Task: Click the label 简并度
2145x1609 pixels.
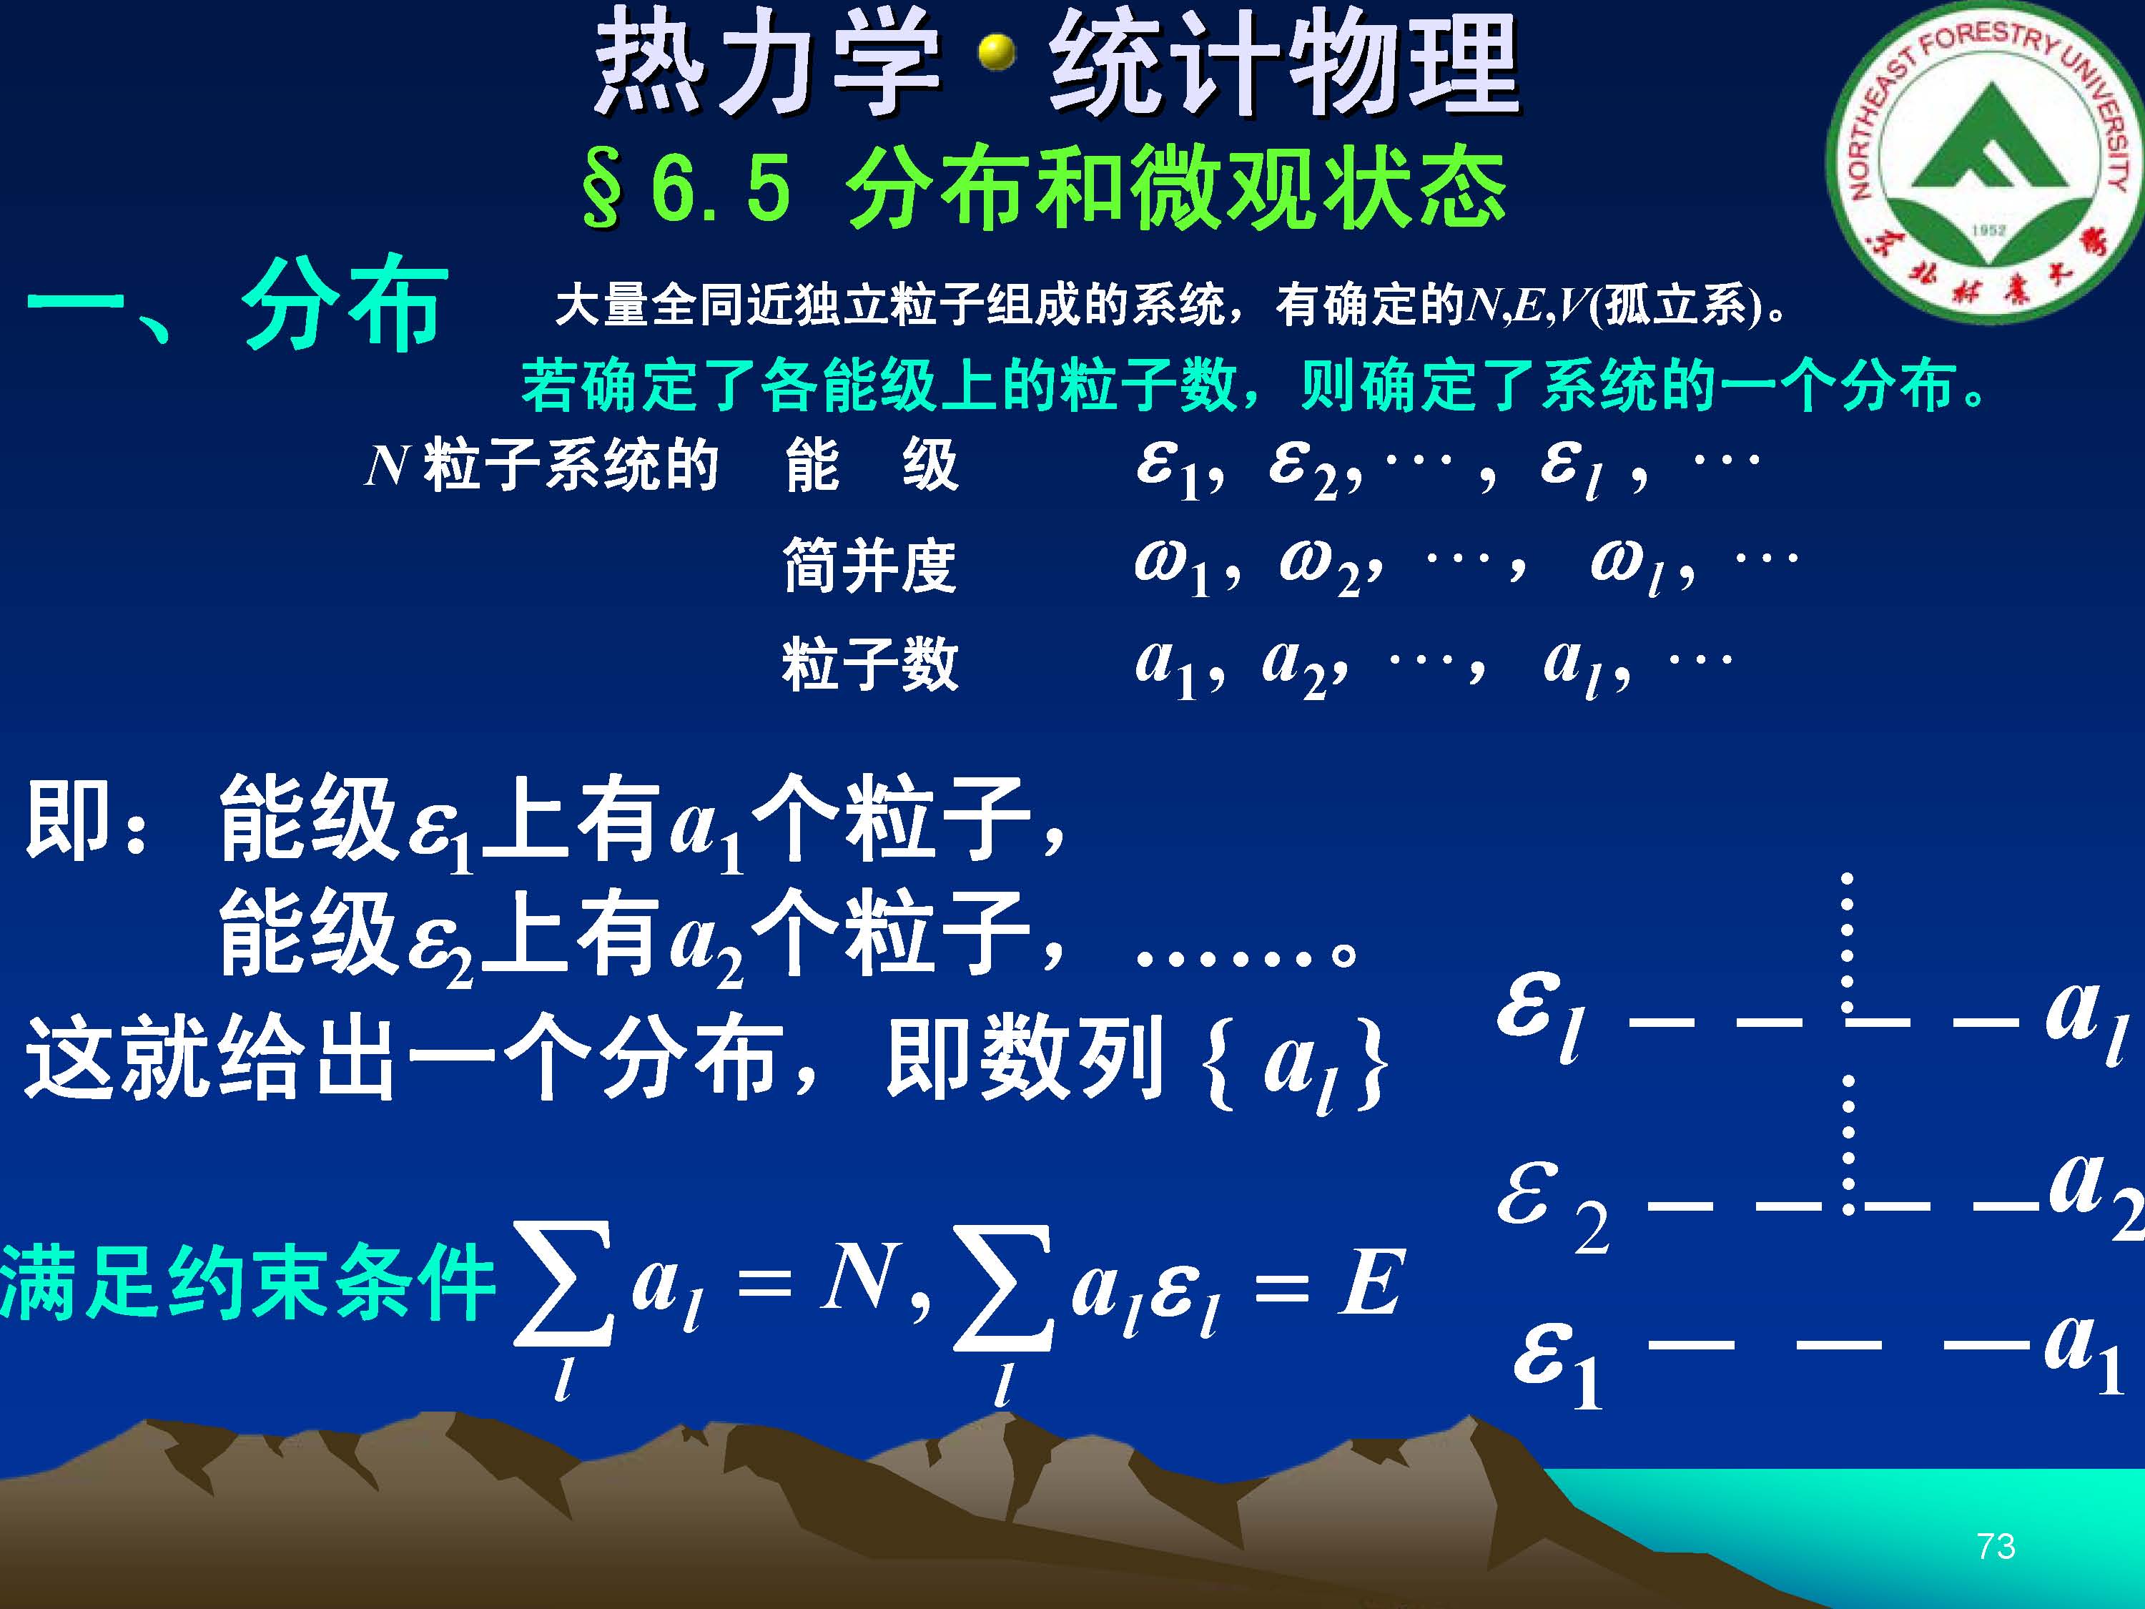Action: tap(870, 566)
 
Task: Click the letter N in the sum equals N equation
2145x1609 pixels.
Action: tap(857, 1279)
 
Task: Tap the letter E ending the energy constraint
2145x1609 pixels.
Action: tap(1370, 1282)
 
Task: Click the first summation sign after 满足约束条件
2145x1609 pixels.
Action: tap(563, 1285)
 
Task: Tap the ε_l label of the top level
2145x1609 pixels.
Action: tap(1541, 1016)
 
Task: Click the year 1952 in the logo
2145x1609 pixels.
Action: tap(1988, 230)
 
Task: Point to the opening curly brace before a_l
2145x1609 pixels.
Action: tap(1222, 1063)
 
